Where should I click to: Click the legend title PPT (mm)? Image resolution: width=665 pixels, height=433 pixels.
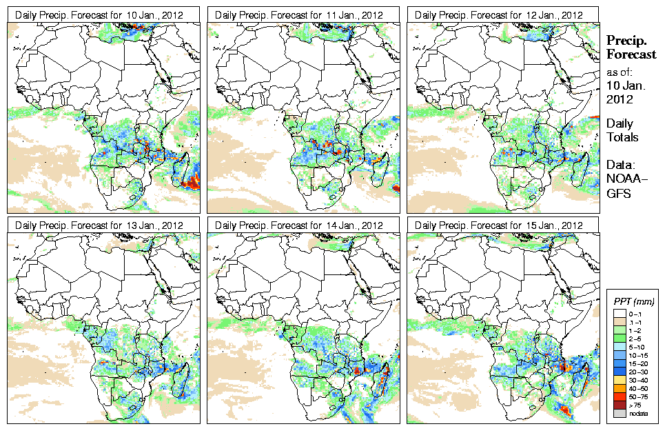634,302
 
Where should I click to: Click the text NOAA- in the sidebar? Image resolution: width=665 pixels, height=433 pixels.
624,180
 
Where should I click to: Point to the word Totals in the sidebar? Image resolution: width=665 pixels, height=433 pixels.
622,137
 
